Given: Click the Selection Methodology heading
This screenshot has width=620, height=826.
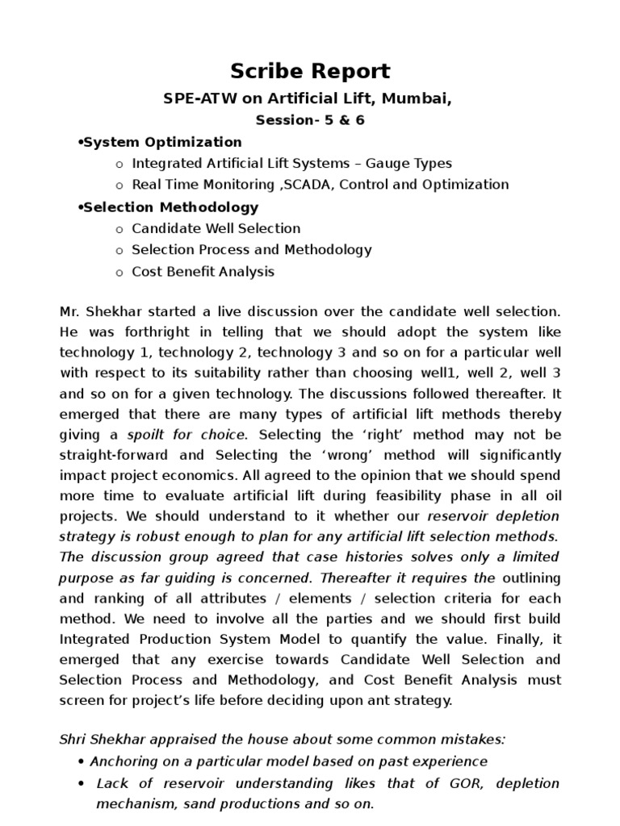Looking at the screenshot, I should [x=171, y=207].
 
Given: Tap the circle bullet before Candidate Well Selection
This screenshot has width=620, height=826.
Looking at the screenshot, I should [x=119, y=229].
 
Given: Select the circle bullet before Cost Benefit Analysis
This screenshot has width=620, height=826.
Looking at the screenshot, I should [x=119, y=273].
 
